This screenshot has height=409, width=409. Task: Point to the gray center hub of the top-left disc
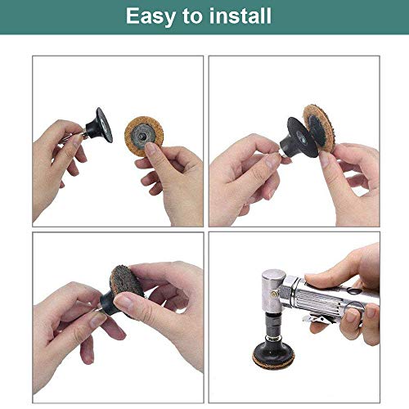(143, 135)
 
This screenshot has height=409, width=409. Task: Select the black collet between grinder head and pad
(271, 326)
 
